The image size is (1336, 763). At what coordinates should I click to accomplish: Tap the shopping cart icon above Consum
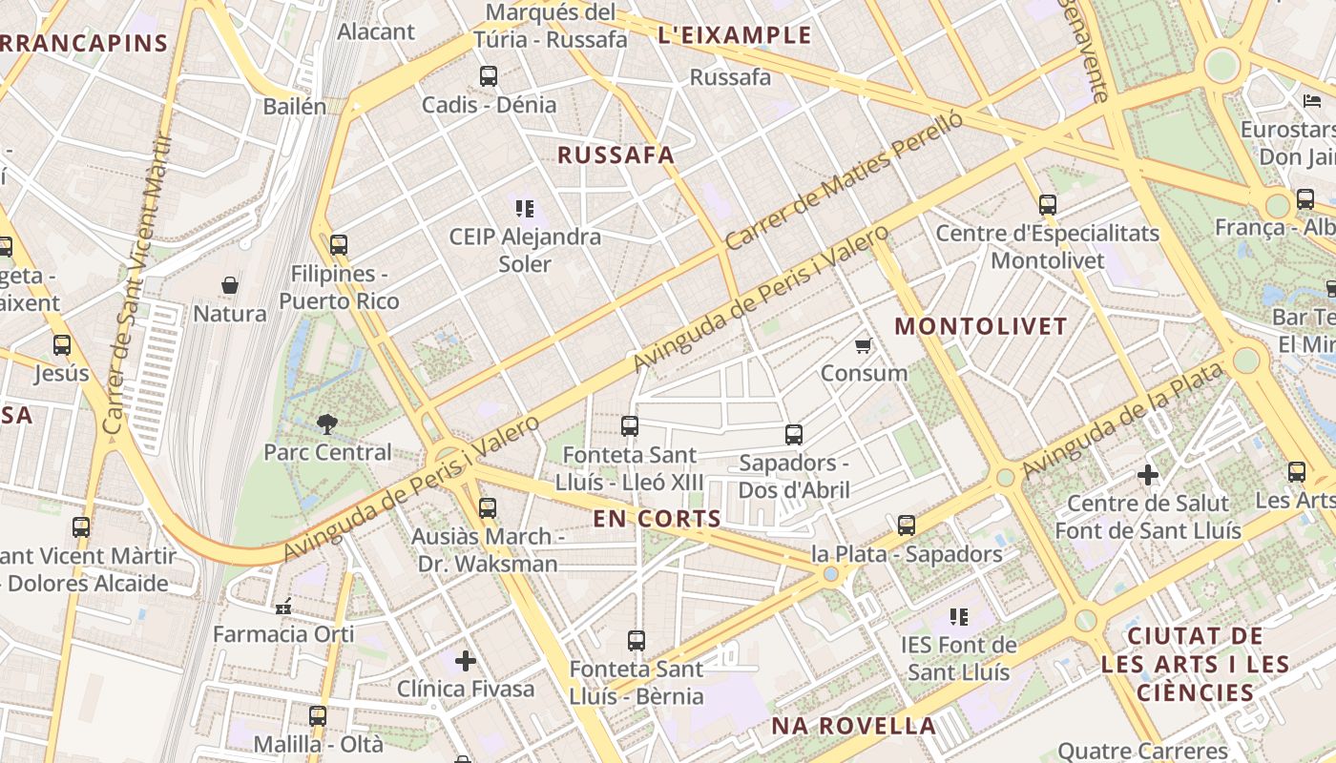point(864,345)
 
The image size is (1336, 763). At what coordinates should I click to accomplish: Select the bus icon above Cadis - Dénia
point(489,76)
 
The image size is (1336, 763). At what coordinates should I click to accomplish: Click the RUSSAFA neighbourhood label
point(616,155)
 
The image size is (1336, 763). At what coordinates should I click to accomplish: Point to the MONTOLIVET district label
point(980,326)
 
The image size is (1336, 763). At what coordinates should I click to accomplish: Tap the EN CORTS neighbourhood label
point(658,519)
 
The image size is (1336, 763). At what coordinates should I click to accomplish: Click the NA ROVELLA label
point(853,726)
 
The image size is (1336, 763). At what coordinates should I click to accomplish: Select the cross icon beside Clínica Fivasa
point(466,660)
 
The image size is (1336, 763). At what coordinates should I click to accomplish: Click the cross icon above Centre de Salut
point(1148,475)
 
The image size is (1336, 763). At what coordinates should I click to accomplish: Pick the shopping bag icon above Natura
point(230,285)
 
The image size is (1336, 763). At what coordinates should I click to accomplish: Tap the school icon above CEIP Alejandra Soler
point(525,208)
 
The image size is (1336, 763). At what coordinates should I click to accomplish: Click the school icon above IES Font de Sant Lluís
point(958,617)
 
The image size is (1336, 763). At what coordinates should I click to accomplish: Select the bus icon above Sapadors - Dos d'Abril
point(794,435)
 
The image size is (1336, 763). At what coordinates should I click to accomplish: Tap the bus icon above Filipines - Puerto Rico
point(339,245)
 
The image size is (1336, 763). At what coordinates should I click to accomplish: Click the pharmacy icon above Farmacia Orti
point(283,606)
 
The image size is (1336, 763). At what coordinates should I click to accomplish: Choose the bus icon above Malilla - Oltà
point(318,715)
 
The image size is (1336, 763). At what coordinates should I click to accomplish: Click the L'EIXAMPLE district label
point(735,36)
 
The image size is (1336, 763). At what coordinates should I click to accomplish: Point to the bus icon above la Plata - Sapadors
point(907,526)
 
